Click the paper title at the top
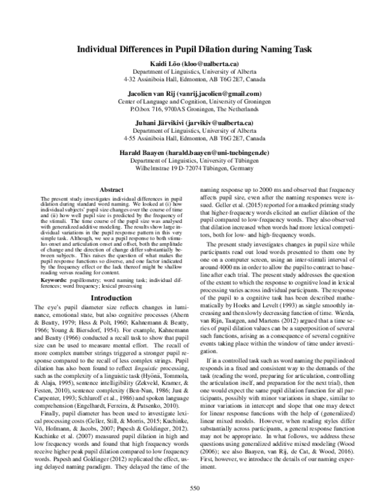(x=194, y=49)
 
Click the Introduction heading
(x=108, y=298)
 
